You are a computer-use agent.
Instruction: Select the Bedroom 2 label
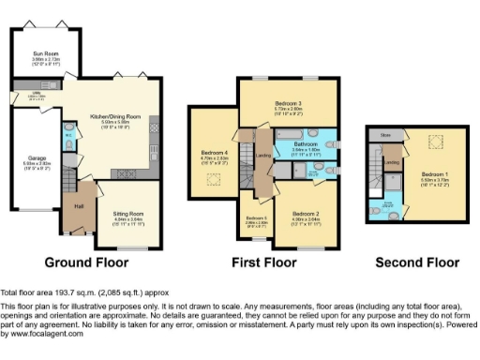pyautogui.click(x=307, y=216)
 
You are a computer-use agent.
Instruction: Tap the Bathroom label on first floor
pyautogui.click(x=306, y=143)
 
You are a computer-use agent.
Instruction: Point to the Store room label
pyautogui.click(x=384, y=136)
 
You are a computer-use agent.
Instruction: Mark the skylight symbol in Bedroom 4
pyautogui.click(x=214, y=178)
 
